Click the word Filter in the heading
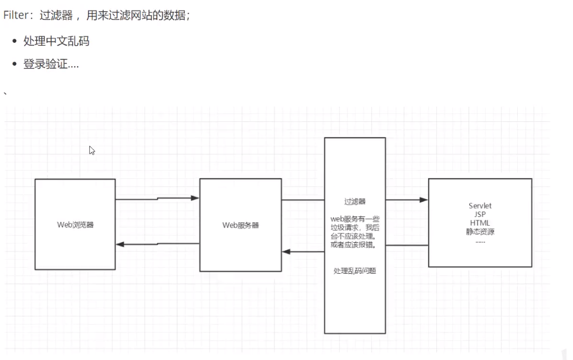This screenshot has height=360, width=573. (16, 16)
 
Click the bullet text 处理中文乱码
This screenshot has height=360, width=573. (56, 42)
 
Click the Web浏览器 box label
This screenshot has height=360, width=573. (75, 225)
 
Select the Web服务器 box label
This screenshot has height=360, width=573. (240, 225)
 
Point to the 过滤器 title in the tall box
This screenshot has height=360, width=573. (355, 201)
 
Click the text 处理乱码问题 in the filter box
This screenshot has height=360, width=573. (354, 271)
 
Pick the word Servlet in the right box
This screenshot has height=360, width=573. (480, 206)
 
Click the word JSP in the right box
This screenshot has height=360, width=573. (480, 215)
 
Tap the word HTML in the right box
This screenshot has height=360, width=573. (480, 223)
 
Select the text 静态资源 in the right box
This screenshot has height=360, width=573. (480, 232)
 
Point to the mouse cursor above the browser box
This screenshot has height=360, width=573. (91, 150)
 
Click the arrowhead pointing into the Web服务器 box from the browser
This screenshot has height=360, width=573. (195, 198)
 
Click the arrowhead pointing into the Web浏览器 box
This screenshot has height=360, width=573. (120, 244)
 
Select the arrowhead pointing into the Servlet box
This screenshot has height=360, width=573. (424, 200)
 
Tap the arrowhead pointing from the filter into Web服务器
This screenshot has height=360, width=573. (286, 252)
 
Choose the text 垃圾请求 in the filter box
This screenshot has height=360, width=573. (343, 227)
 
